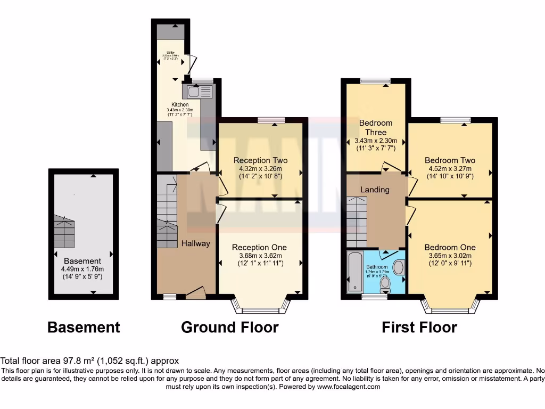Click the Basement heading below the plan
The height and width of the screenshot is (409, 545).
click(84, 327)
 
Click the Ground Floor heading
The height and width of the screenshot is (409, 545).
click(229, 327)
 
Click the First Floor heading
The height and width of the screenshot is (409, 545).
click(419, 327)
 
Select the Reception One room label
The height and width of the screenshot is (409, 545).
click(259, 247)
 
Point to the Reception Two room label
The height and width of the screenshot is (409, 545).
click(260, 160)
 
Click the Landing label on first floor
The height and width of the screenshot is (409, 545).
click(375, 190)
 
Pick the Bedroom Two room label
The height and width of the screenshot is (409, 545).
click(450, 160)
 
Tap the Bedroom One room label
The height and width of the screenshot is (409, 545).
click(450, 247)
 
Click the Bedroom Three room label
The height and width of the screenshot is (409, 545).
click(376, 127)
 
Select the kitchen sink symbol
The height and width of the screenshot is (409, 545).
click(194, 91)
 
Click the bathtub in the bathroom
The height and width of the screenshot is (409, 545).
click(354, 272)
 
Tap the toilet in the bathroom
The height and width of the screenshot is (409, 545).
click(385, 284)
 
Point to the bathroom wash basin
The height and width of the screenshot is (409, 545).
click(398, 267)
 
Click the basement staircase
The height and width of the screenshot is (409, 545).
click(64, 232)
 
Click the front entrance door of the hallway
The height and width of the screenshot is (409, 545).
click(195, 292)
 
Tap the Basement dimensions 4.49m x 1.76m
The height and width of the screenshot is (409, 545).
click(82, 269)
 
